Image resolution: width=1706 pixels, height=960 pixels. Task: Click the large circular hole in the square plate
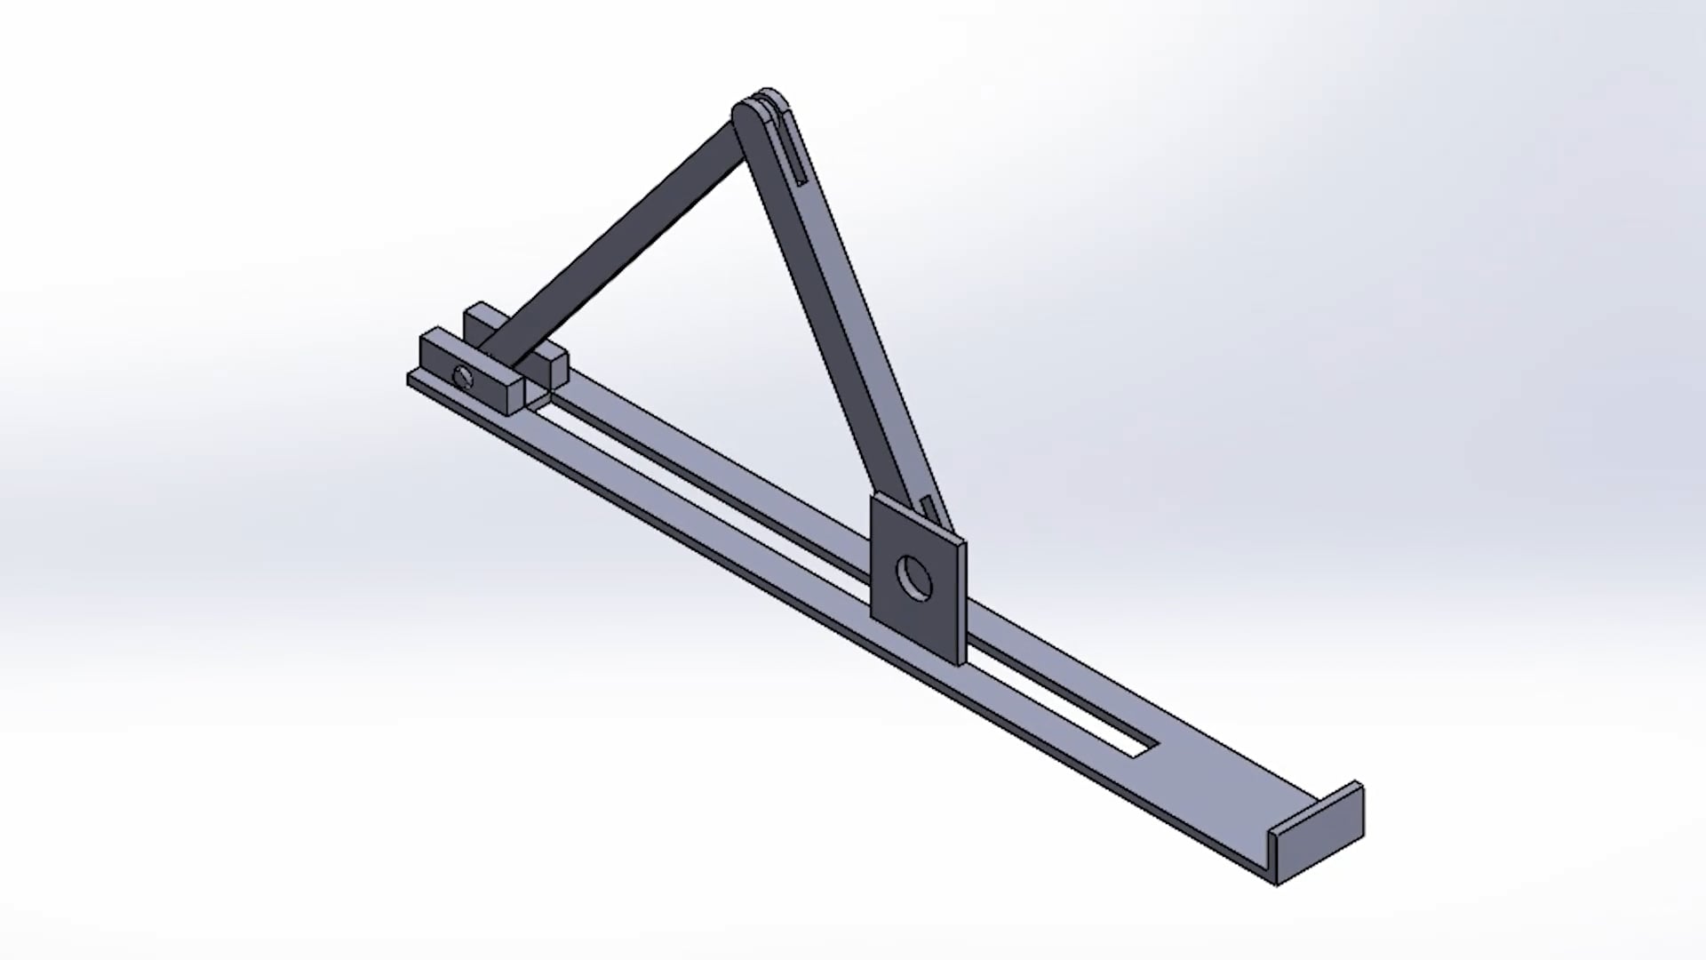[914, 578]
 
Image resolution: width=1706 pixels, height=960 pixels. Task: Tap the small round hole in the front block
[463, 376]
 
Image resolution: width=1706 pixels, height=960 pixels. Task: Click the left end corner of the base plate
[411, 380]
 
